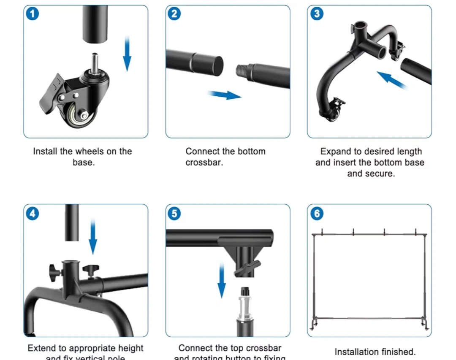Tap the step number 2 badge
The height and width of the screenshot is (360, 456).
[x=174, y=14]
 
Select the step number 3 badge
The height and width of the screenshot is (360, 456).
[x=317, y=14]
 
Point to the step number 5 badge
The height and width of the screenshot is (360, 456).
[x=174, y=214]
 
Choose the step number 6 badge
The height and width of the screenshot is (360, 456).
[x=317, y=214]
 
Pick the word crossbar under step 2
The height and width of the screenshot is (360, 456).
[x=204, y=162]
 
